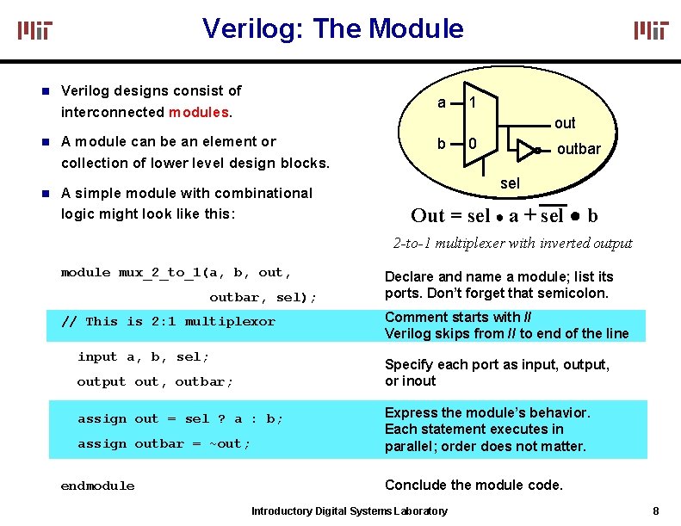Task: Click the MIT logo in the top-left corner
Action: point(35,31)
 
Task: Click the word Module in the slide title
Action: point(416,29)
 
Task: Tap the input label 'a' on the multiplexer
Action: point(442,102)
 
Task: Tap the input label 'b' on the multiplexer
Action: point(442,143)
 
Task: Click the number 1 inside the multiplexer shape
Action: point(473,102)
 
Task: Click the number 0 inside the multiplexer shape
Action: point(473,143)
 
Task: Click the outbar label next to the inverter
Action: point(579,149)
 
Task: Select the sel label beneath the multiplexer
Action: point(510,183)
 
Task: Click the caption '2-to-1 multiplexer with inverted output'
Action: point(512,243)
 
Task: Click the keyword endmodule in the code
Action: point(97,486)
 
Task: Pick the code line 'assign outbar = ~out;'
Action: point(164,444)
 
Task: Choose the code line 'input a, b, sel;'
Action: point(143,356)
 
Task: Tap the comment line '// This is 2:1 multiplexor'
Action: point(168,322)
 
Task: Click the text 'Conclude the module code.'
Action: point(474,485)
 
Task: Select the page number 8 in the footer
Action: point(656,511)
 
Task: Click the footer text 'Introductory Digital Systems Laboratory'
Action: point(349,511)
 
